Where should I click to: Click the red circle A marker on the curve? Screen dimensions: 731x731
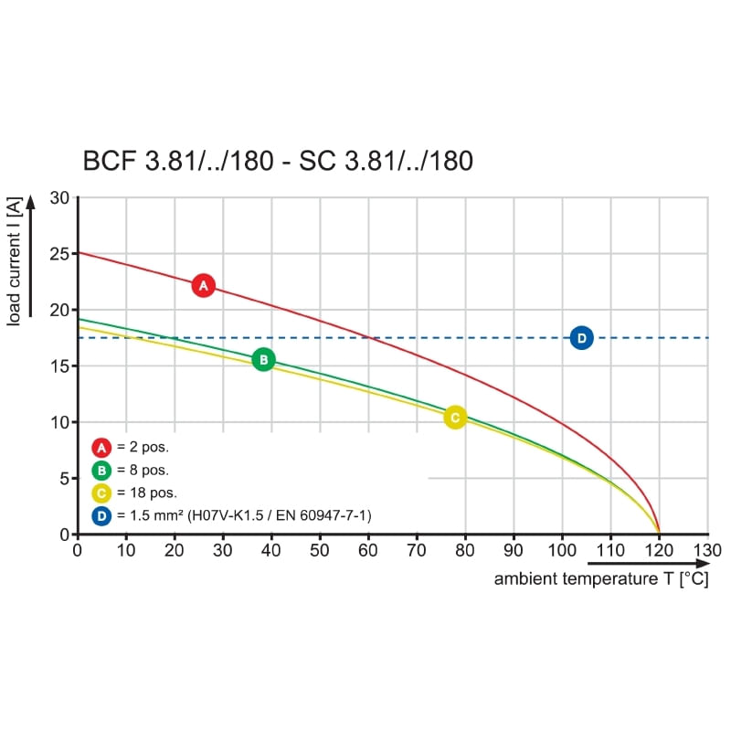point(204,286)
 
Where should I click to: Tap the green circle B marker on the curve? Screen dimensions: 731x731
point(263,360)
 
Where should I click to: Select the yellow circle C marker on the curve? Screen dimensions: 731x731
point(454,418)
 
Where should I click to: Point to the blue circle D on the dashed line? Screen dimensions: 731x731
point(581,338)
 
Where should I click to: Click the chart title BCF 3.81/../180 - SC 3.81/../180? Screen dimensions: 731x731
point(278,162)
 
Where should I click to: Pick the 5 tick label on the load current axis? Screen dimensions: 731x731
point(64,478)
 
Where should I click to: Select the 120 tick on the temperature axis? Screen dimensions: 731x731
point(659,550)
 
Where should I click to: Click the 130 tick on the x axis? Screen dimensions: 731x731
point(707,550)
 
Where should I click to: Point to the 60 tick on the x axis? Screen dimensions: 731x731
point(368,550)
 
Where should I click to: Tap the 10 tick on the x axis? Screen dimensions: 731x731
point(125,550)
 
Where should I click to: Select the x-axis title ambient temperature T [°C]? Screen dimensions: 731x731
point(601,579)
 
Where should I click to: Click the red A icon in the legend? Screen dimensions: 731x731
point(101,448)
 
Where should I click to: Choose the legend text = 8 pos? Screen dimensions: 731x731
point(142,471)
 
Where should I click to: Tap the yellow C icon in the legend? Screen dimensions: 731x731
point(101,493)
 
